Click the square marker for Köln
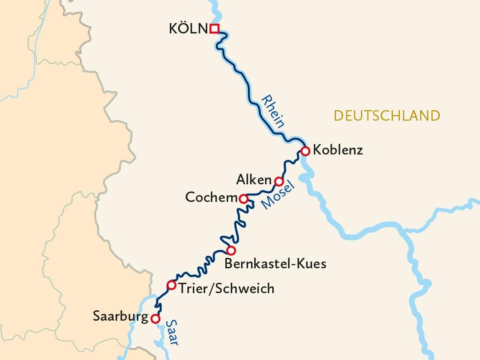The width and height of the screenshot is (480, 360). pos(214,29)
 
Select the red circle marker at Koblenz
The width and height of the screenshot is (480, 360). pos(305,151)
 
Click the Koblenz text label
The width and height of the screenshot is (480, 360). pos(338,150)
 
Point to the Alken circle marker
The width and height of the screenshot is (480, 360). pos(279,182)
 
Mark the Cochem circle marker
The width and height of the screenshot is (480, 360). pos(243,199)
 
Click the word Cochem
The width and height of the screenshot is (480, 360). pos(211,198)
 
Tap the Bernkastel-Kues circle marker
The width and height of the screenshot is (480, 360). pos(231,250)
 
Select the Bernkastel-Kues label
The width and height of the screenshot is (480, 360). pos(275,264)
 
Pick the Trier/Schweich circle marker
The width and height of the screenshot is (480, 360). pos(171,285)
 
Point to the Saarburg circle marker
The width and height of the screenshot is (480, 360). pos(155,318)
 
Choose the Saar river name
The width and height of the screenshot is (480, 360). pos(172,332)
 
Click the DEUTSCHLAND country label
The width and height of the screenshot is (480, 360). pos(387,116)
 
